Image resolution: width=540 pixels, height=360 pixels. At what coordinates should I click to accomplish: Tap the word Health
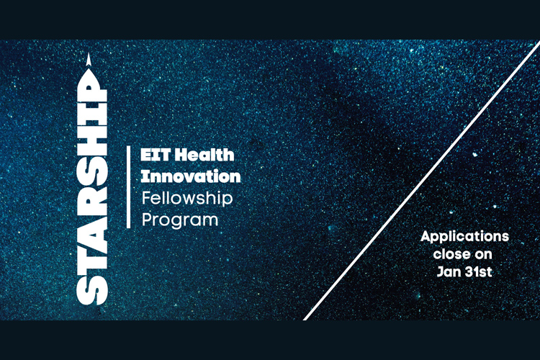coord(204,155)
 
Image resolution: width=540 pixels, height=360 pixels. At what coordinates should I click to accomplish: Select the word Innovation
coord(191,176)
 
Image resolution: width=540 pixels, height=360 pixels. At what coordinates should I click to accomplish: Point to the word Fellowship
coord(187,199)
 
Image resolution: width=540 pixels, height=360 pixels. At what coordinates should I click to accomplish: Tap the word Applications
coord(464,238)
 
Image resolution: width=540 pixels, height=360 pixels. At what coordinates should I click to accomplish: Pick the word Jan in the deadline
coord(449,272)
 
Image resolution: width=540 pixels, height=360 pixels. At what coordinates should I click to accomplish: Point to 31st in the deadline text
coord(479,272)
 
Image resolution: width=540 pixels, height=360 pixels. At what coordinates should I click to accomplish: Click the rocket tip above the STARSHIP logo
coord(89,59)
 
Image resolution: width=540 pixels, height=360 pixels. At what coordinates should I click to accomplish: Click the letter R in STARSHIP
coord(92,189)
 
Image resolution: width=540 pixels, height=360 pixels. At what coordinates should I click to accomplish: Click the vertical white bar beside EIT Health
coord(128,187)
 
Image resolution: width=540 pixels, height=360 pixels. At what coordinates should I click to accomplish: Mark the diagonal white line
coord(421,181)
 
